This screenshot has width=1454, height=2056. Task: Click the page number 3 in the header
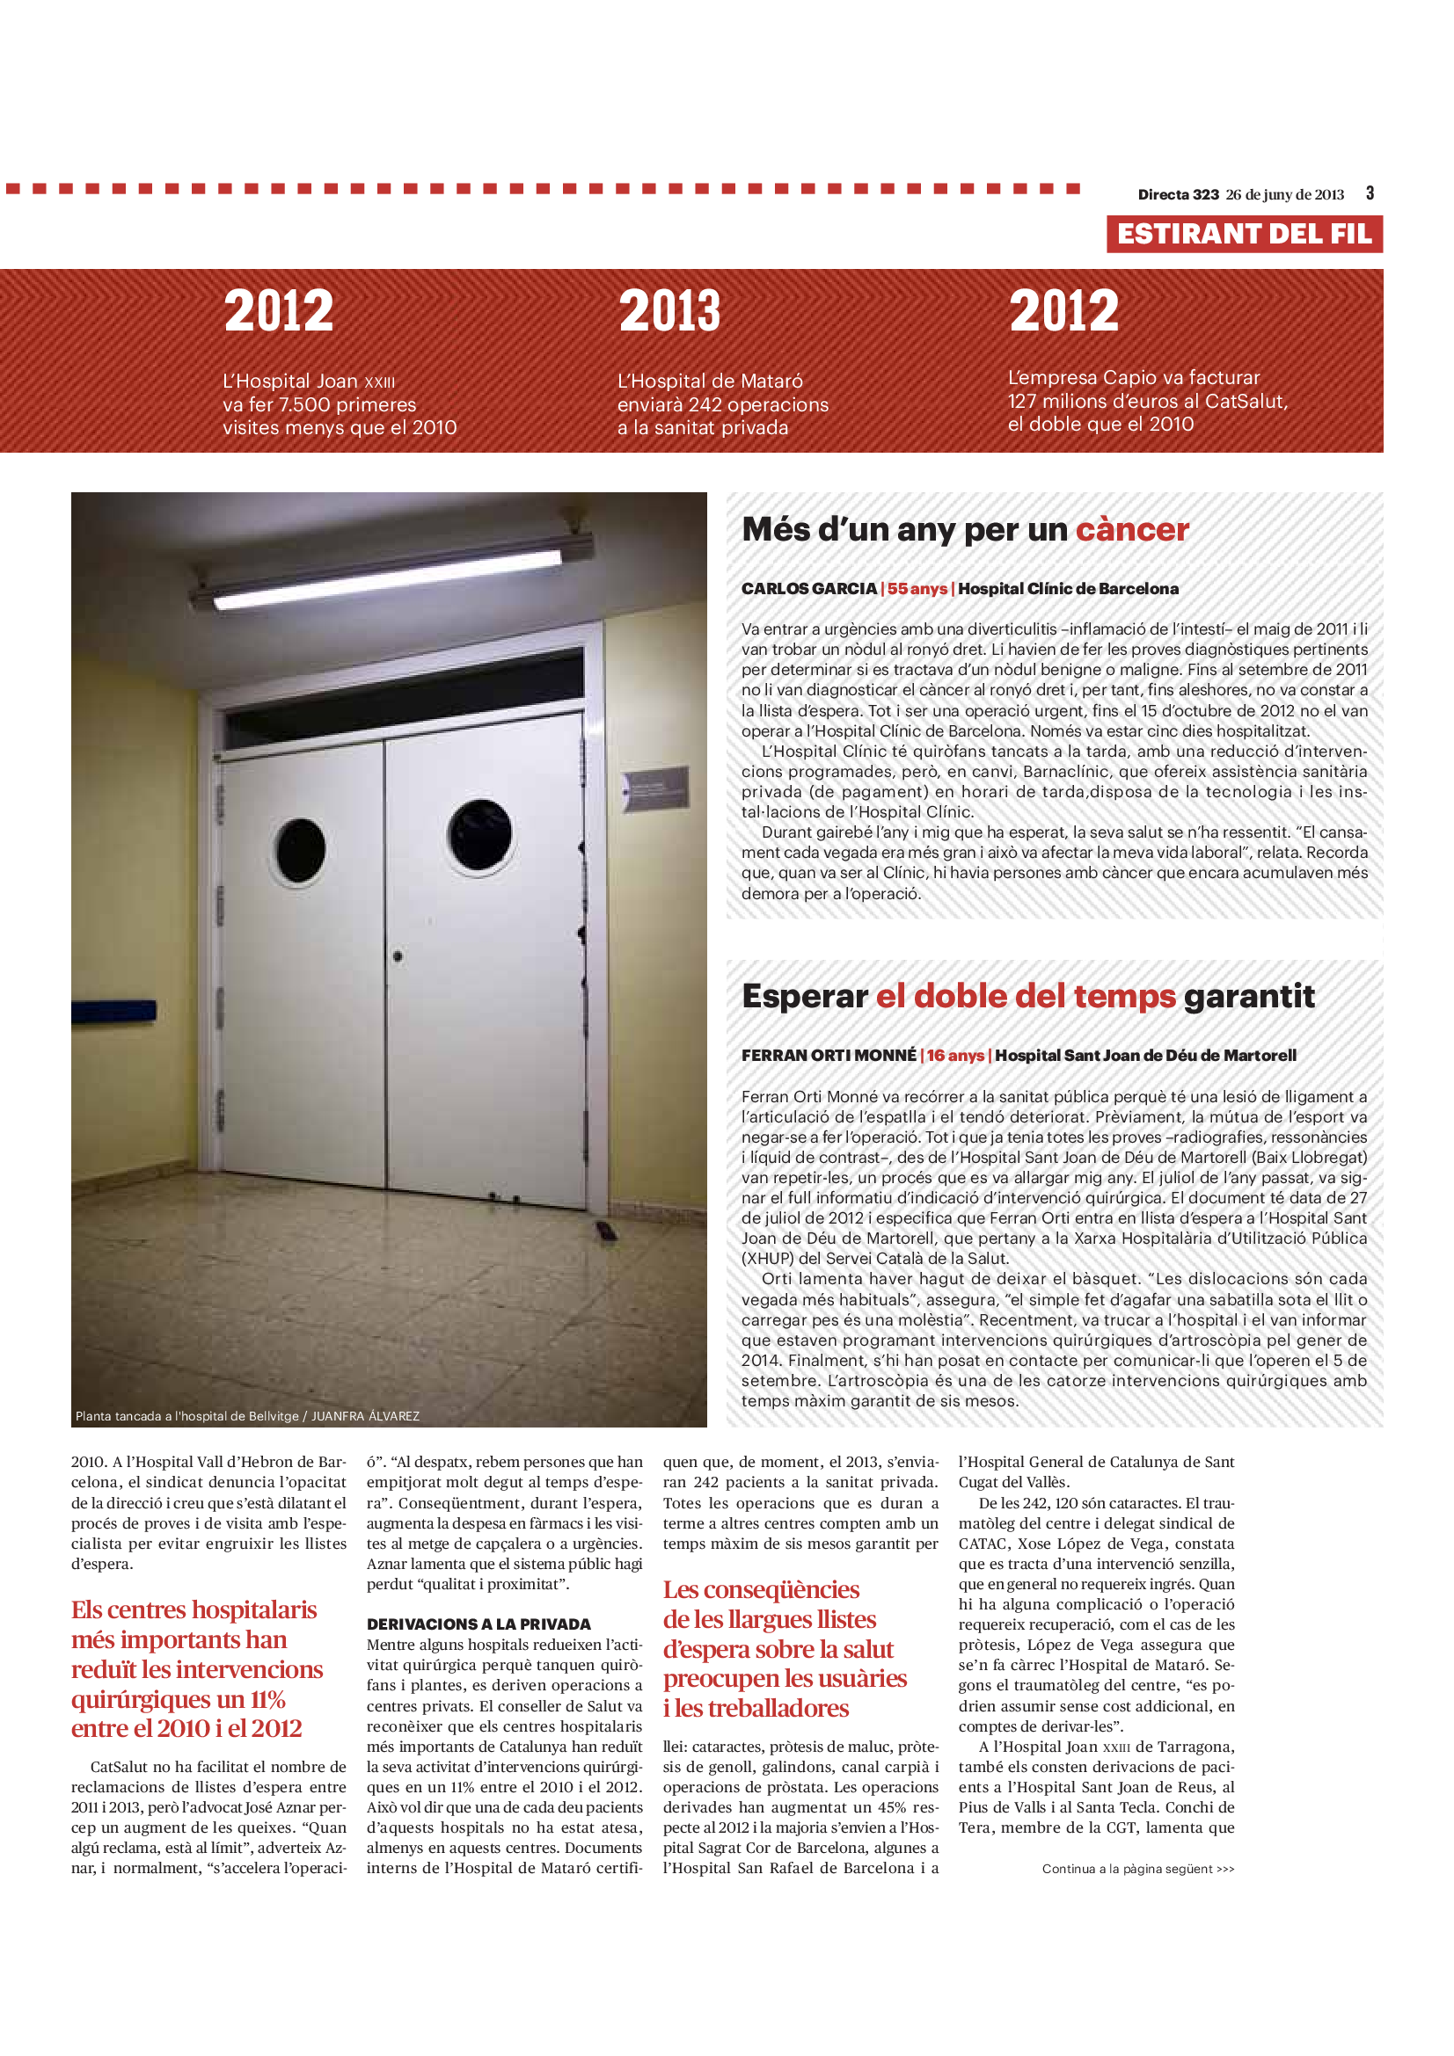(1370, 193)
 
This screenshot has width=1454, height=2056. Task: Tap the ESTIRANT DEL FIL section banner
(1244, 234)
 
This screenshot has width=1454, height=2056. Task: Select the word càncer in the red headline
(1131, 530)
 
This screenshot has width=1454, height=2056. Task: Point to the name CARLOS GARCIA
(808, 589)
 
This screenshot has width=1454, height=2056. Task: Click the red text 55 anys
(917, 589)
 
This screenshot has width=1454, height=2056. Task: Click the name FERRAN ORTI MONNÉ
(829, 1056)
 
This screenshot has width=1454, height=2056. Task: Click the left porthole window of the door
(300, 851)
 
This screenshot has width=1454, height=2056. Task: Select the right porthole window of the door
(479, 834)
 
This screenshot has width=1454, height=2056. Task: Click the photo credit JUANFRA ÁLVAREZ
(365, 1416)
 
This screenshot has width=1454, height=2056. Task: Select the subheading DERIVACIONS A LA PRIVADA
(479, 1624)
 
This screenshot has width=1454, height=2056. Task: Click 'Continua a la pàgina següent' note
(1137, 1869)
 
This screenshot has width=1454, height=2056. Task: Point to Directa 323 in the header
(1178, 195)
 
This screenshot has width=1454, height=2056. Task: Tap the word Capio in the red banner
(1123, 378)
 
